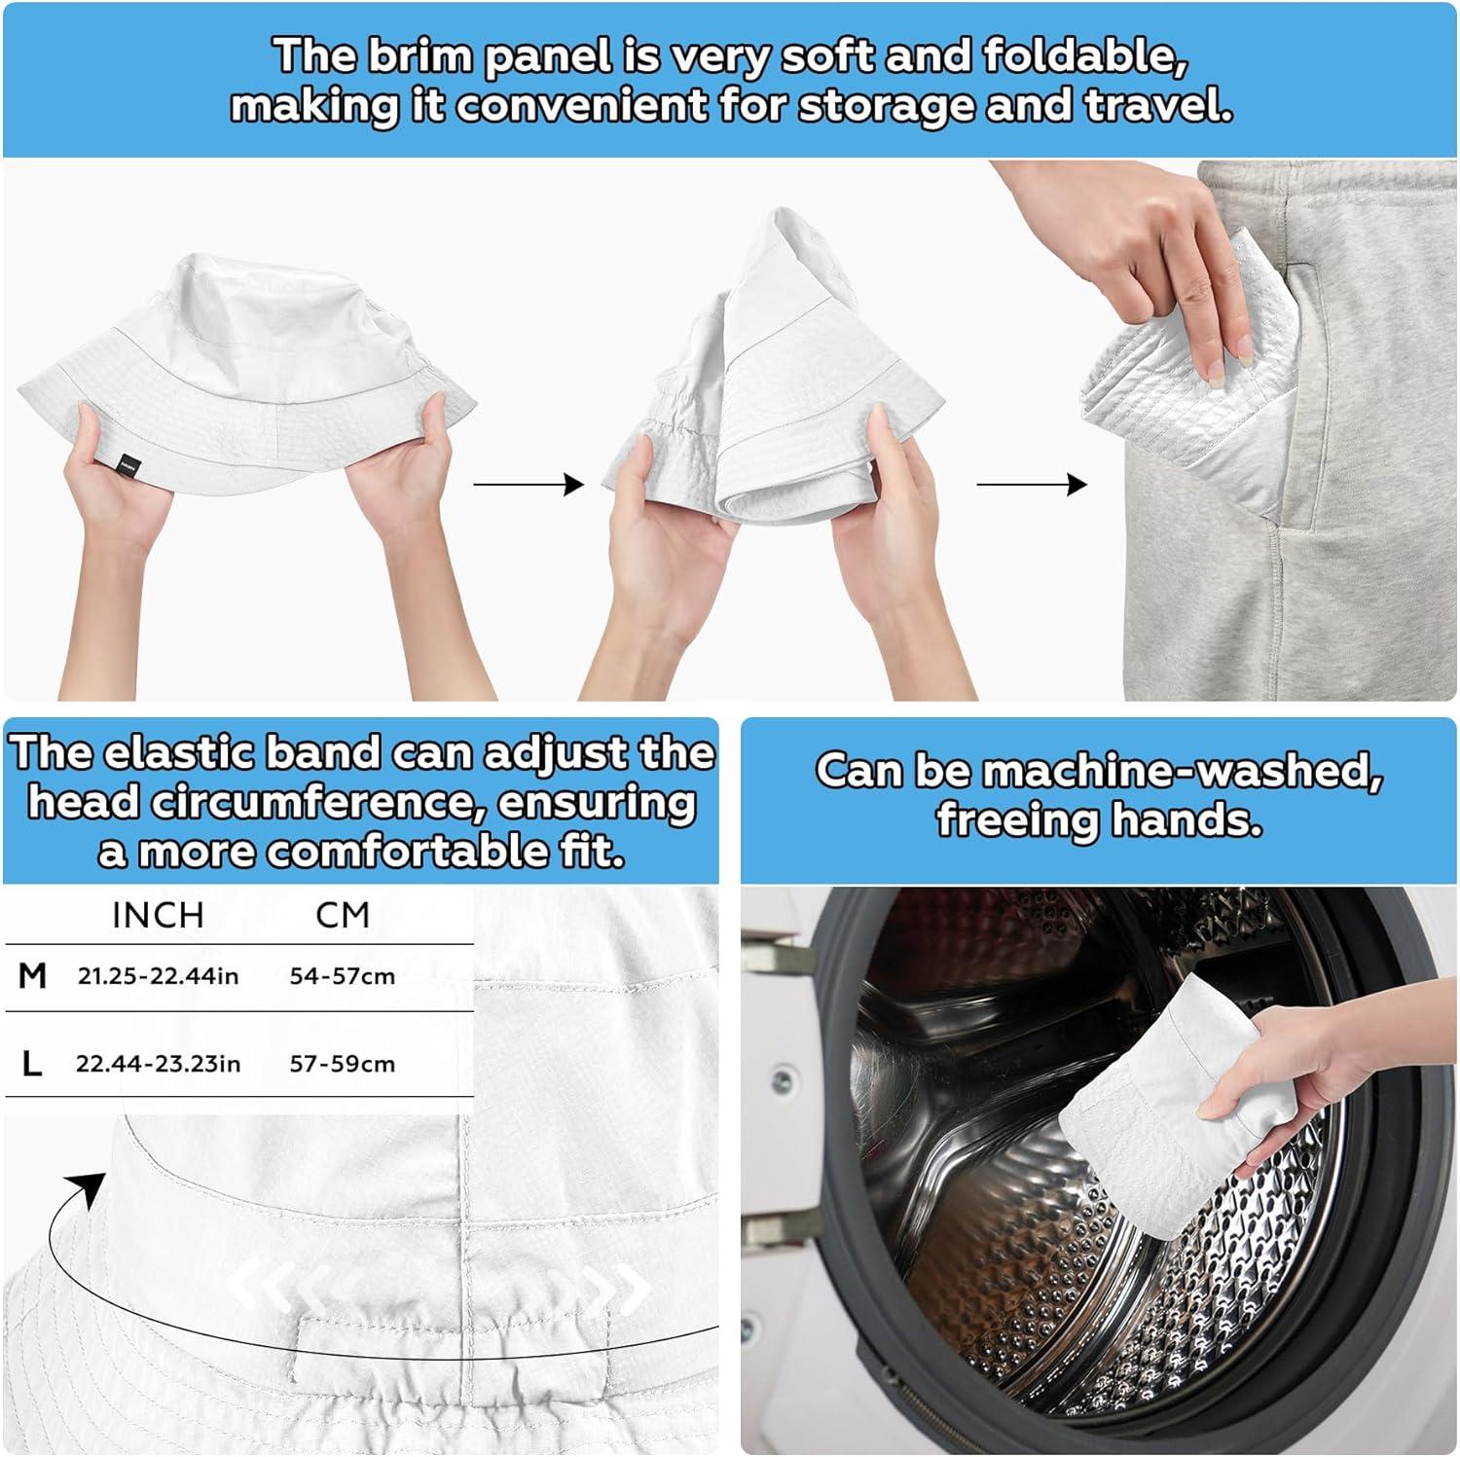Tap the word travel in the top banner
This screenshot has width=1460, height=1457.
(x=1159, y=105)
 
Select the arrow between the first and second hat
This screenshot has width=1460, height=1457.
(x=529, y=484)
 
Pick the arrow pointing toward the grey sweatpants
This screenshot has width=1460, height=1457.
(x=1032, y=484)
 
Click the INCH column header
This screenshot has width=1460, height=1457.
(x=158, y=916)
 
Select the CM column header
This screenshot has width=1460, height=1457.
(x=343, y=916)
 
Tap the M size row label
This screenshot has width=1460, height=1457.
(x=33, y=975)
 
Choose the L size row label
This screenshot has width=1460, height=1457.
(x=32, y=1064)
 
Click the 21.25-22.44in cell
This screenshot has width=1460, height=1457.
(x=159, y=976)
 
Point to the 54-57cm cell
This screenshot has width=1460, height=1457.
(x=343, y=976)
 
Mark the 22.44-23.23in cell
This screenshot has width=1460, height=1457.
(x=159, y=1064)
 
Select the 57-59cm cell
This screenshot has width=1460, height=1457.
(x=343, y=1064)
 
